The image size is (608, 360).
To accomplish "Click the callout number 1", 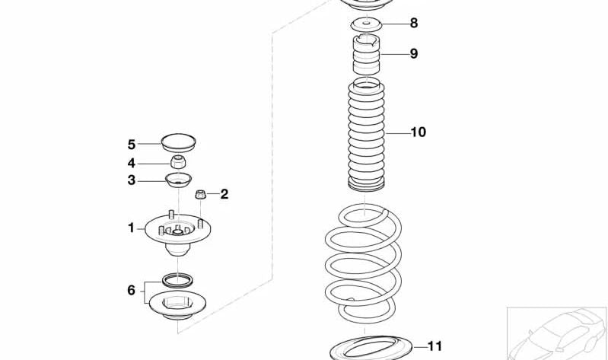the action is point(131,228).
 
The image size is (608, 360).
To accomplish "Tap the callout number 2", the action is point(224,194).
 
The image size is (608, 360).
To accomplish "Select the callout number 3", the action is point(132,180).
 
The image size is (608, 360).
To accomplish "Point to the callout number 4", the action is point(132,163).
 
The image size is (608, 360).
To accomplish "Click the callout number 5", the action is point(132,145).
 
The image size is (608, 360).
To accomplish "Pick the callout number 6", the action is point(132,290).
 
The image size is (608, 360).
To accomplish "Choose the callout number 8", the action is point(414,24).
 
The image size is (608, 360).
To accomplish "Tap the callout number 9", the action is point(414,53).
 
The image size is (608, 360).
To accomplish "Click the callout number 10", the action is point(418,132).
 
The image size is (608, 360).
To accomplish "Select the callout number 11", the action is point(435,346).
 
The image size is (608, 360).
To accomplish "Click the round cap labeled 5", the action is point(178,143).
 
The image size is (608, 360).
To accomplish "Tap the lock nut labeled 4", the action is point(178,161).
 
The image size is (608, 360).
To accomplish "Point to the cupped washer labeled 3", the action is point(178,180).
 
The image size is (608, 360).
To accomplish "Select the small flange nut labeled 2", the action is point(200,194).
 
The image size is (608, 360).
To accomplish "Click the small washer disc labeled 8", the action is point(367,26).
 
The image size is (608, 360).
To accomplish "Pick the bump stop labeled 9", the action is point(367,54).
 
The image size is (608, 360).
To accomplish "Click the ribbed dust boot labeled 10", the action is point(367,135).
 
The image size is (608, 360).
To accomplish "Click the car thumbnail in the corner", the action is point(557,333).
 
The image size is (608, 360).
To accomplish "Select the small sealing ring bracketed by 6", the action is point(177,280).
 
